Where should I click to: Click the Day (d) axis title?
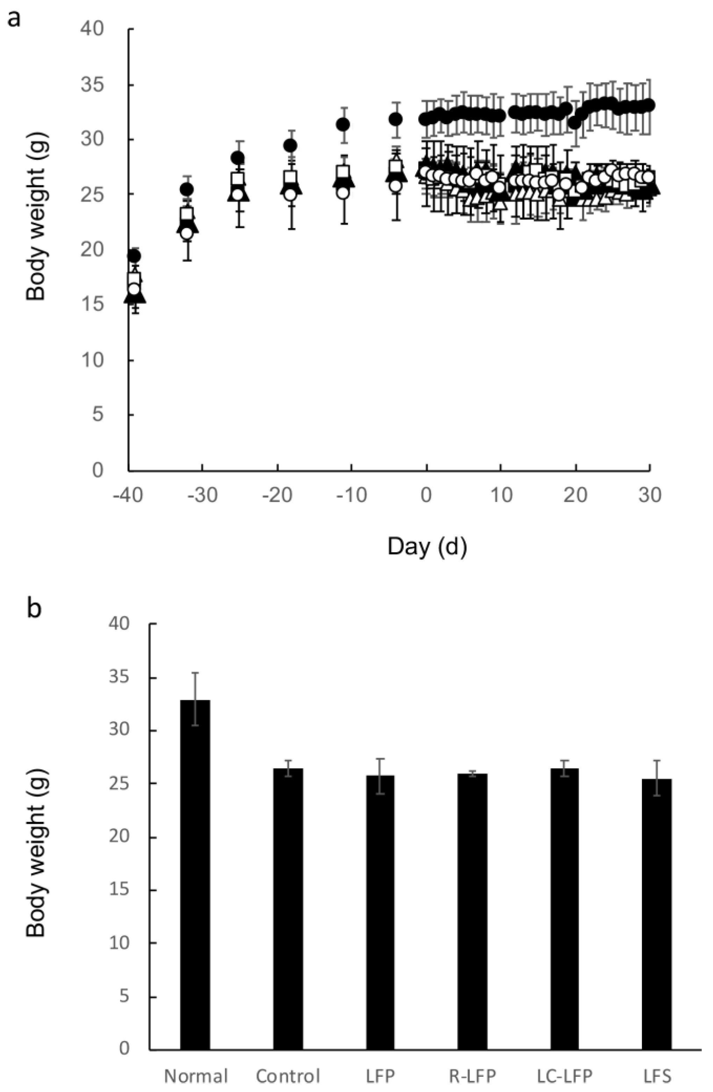coord(427,546)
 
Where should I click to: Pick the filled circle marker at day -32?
coord(187,189)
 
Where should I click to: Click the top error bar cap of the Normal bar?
coord(195,673)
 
